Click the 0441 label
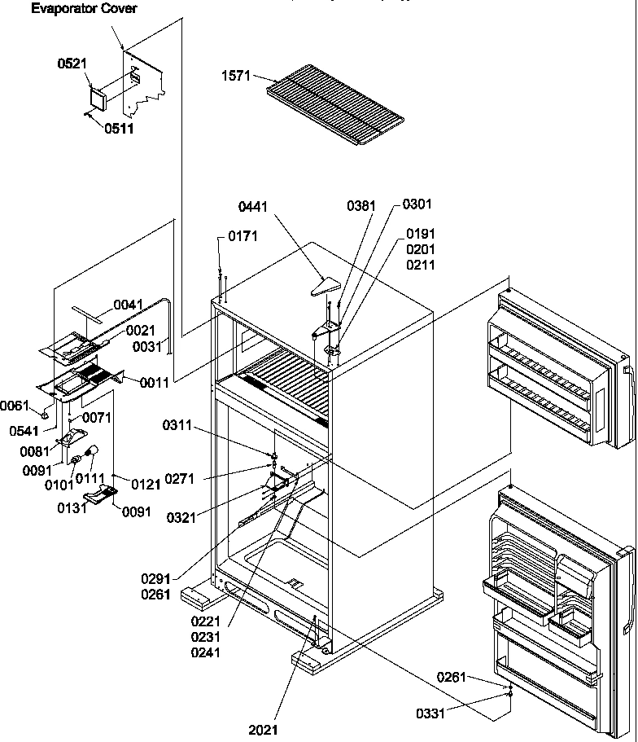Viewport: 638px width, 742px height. pyautogui.click(x=253, y=208)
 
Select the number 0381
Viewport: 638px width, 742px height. pyautogui.click(x=361, y=207)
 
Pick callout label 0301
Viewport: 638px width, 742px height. pyautogui.click(x=417, y=204)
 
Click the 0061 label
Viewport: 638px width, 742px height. pyautogui.click(x=15, y=405)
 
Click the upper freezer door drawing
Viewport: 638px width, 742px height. pyautogui.click(x=557, y=371)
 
